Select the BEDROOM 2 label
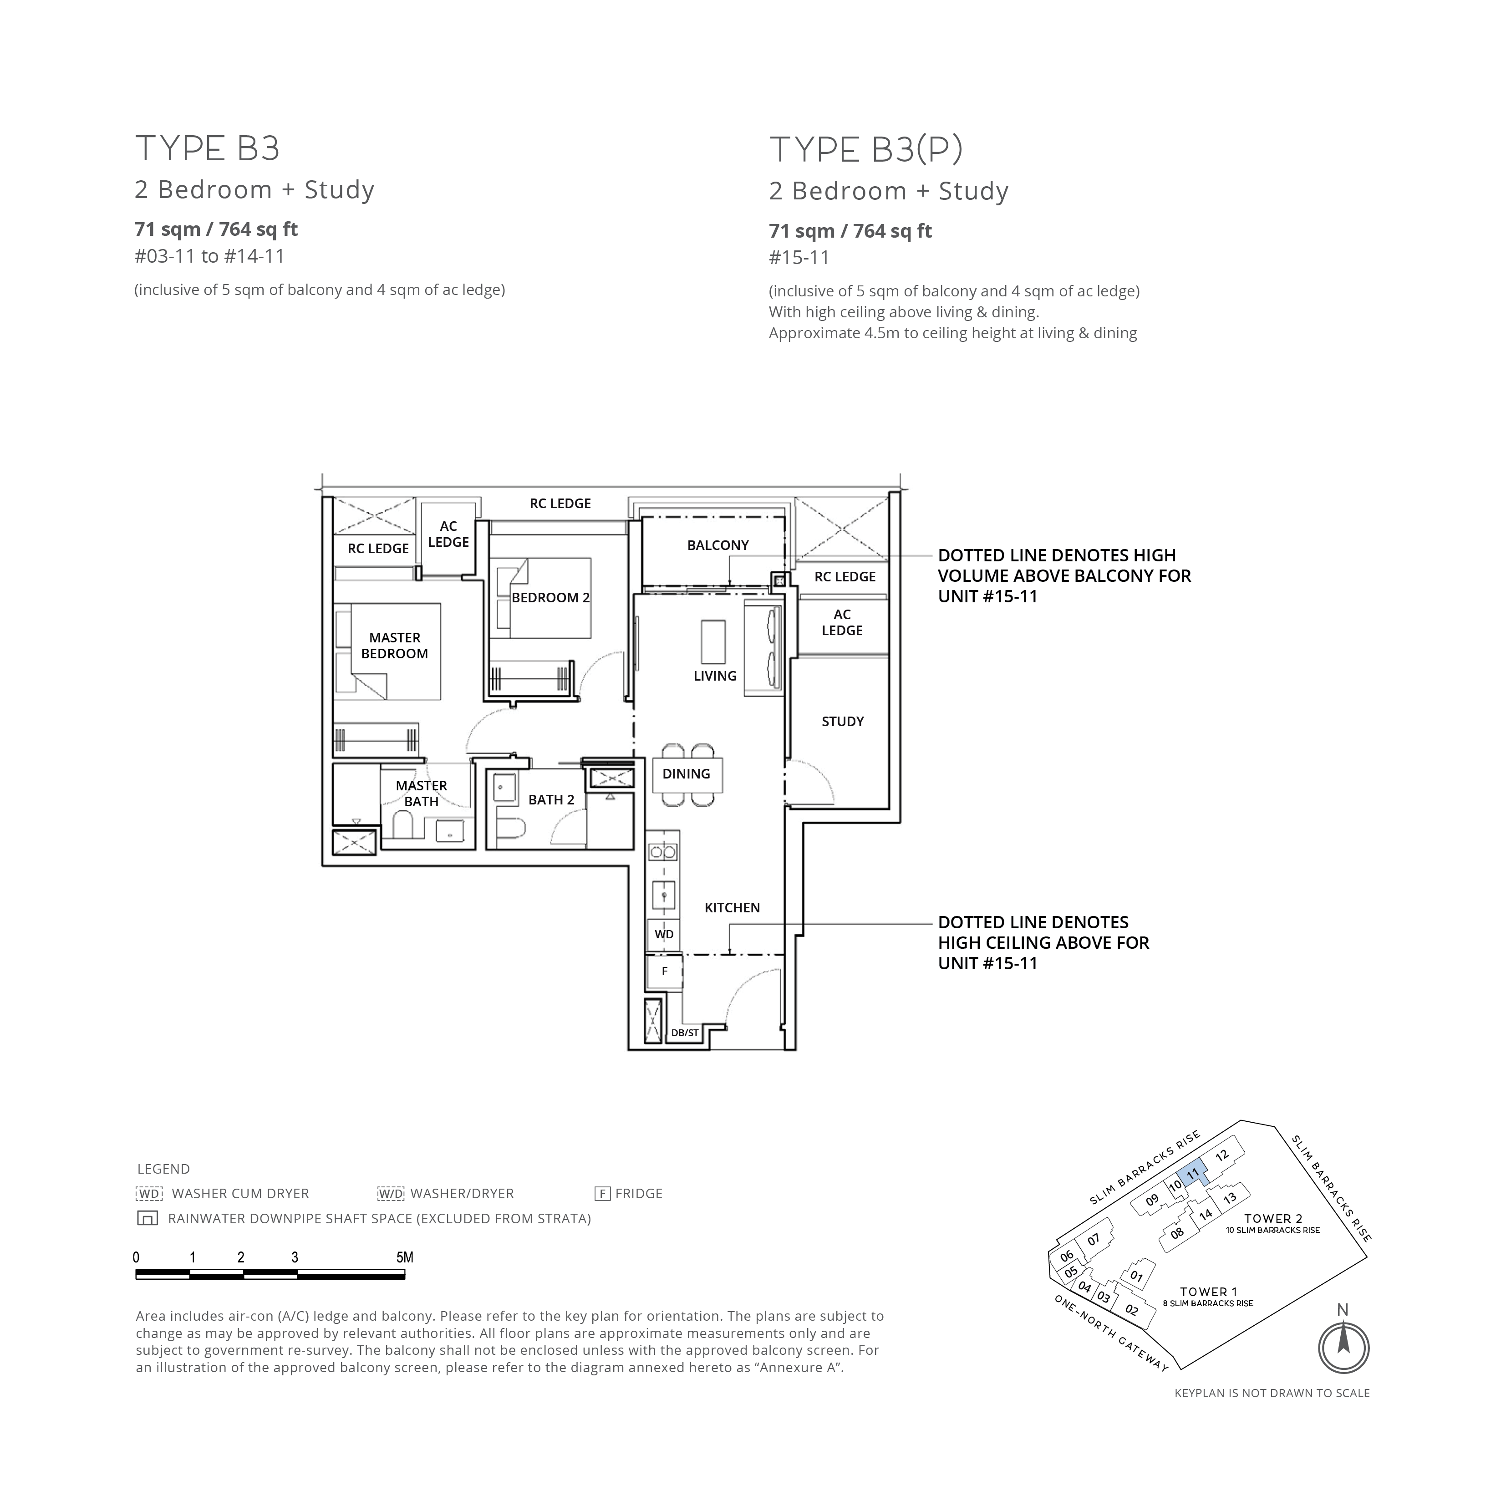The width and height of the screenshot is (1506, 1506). click(550, 598)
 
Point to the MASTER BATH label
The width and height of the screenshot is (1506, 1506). click(421, 794)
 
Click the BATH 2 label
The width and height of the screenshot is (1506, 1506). click(551, 800)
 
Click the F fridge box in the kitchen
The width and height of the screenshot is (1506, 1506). click(664, 971)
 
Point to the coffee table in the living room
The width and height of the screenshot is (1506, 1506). click(713, 641)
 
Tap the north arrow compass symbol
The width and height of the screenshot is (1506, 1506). click(1343, 1347)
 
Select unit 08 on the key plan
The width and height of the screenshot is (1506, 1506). click(1177, 1233)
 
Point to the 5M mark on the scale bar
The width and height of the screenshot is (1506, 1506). click(405, 1257)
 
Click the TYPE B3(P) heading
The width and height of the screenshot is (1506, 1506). click(866, 150)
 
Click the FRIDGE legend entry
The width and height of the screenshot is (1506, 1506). click(628, 1193)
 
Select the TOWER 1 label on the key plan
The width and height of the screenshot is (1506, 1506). click(1208, 1292)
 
